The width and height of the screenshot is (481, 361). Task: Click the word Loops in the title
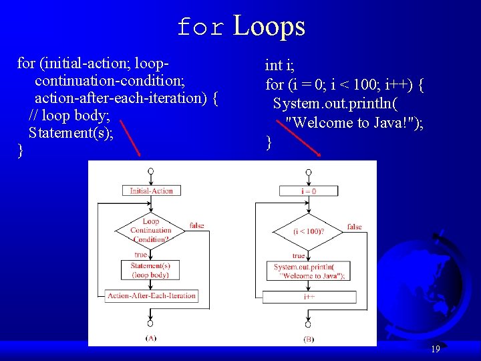pos(269,27)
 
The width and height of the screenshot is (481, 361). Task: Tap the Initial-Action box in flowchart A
pos(151,191)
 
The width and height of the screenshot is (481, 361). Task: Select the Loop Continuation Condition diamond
pos(151,231)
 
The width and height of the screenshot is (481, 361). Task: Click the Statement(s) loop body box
pos(151,270)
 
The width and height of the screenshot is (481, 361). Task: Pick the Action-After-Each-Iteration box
pos(152,295)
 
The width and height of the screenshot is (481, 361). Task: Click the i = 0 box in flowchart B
pos(309,191)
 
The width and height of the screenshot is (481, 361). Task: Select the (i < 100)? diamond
pos(309,231)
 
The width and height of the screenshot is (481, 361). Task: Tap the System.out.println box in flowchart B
pos(309,271)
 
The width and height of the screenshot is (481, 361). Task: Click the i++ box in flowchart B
pos(309,296)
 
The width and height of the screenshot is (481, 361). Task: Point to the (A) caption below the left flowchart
pos(151,338)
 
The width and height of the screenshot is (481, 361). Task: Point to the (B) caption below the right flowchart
pos(309,339)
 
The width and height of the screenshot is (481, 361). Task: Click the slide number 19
pos(435,349)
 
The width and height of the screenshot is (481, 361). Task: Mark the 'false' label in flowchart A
pos(196,225)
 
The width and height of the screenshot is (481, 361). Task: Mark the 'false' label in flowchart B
pos(355,227)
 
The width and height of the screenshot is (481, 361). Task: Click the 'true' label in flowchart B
pos(299,255)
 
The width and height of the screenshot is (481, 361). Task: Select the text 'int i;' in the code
pos(280,66)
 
